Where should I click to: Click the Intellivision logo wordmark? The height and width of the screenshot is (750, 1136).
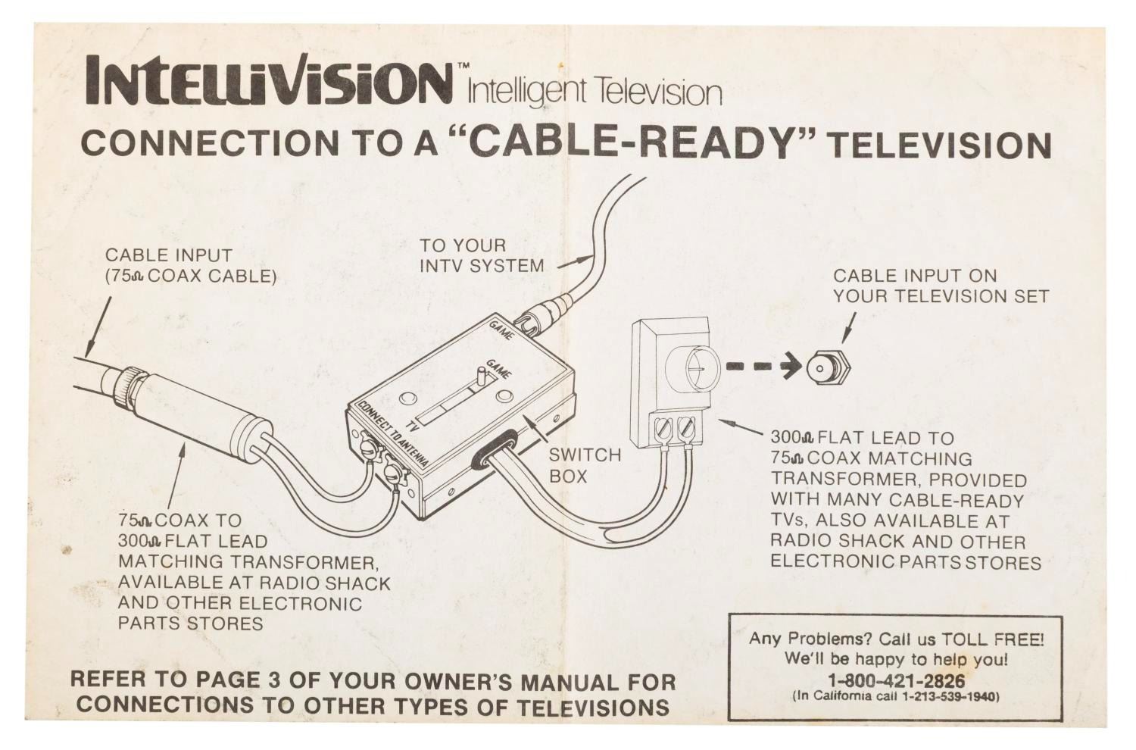point(268,81)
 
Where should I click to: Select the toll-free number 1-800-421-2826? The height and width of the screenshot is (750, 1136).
point(896,680)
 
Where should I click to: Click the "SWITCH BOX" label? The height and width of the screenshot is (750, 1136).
point(584,465)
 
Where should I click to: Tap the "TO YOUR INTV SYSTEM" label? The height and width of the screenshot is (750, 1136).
point(481,255)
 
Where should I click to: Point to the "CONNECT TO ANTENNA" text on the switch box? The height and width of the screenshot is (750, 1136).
point(392,434)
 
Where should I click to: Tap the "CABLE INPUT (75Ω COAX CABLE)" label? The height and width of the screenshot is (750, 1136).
point(191,265)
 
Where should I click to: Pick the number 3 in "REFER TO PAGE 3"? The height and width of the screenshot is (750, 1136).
point(274,680)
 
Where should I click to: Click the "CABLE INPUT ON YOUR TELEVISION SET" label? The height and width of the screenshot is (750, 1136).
point(941,286)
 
